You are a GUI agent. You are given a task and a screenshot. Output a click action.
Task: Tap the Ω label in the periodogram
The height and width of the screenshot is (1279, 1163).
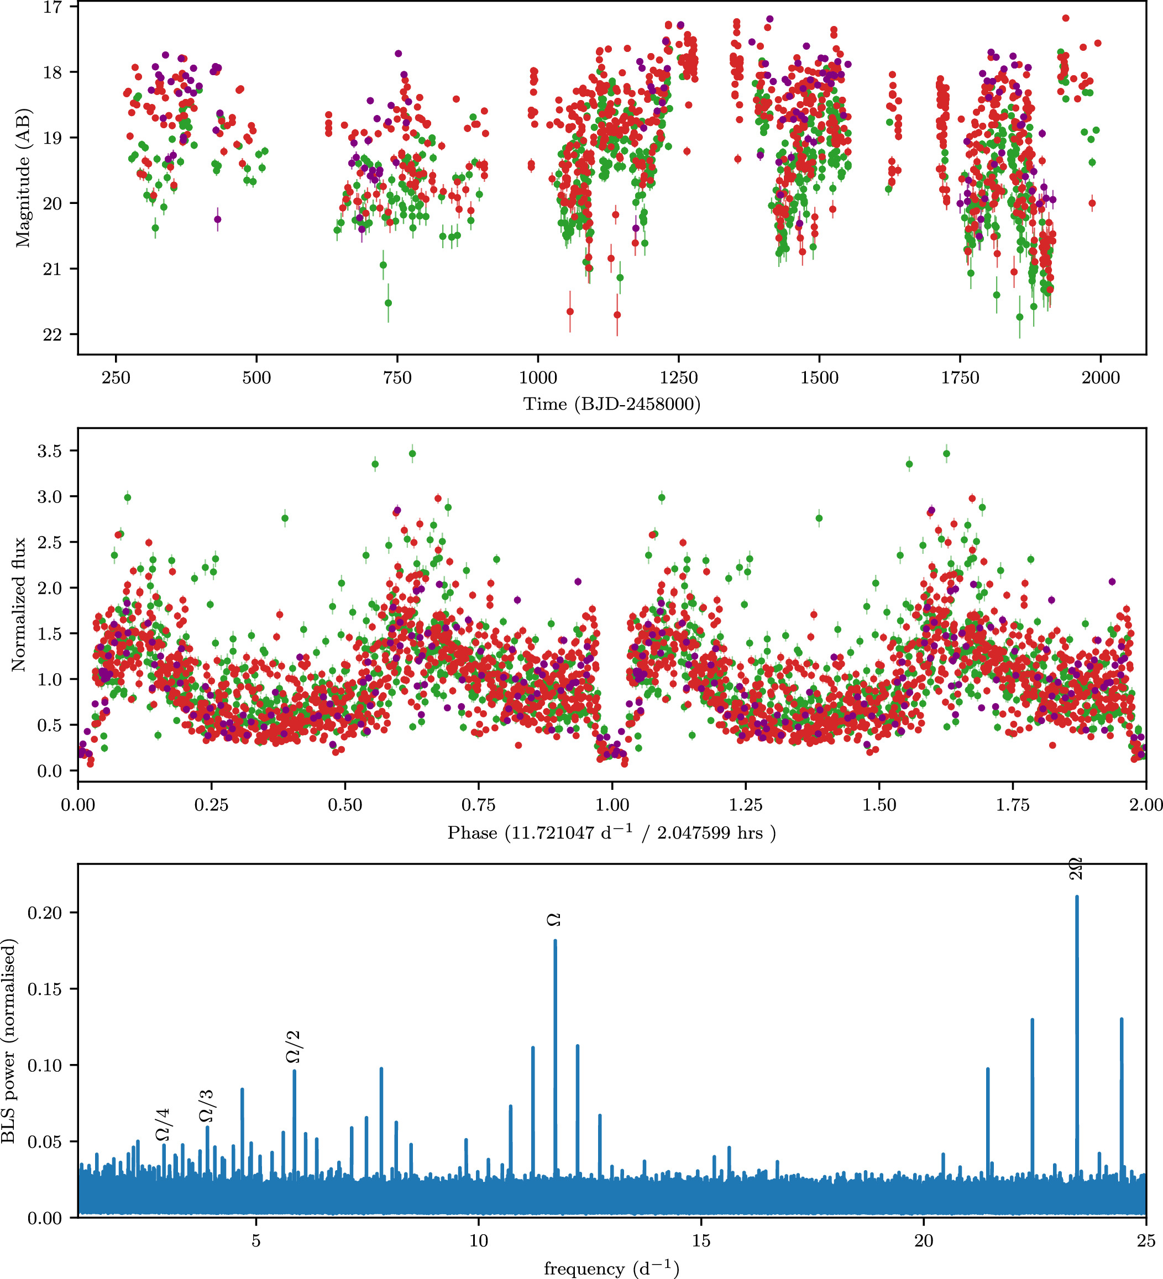[554, 920]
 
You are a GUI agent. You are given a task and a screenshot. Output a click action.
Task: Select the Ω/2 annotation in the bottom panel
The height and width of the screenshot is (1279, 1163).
[292, 1047]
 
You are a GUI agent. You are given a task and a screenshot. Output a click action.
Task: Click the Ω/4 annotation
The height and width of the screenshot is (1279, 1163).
[163, 1125]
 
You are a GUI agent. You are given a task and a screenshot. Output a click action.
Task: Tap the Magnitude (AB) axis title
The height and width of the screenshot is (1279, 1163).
[23, 179]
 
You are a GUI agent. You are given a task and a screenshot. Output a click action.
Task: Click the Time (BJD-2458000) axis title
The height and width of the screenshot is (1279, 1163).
[612, 404]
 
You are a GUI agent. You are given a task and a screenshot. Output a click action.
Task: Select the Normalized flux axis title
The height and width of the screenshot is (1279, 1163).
[18, 605]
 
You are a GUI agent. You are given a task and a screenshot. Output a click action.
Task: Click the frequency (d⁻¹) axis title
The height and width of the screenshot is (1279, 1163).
[612, 1268]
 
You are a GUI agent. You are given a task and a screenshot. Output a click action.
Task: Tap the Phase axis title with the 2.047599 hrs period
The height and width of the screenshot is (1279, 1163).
[612, 832]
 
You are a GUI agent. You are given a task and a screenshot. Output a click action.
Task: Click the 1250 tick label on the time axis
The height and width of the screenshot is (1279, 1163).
[678, 378]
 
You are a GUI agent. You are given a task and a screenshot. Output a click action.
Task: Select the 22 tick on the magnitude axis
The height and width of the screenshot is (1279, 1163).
[52, 335]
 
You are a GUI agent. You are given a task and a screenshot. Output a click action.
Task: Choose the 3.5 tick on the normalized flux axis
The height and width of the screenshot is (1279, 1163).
[50, 451]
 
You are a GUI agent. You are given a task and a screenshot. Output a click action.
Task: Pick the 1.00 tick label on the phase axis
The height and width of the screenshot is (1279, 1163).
[612, 805]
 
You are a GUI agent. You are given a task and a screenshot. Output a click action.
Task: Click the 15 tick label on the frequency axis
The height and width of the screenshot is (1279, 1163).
[701, 1241]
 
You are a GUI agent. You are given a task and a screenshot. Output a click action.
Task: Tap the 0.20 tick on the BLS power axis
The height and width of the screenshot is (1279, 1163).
[44, 913]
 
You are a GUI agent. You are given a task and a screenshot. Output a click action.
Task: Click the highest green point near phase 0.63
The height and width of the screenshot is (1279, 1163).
[412, 454]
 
